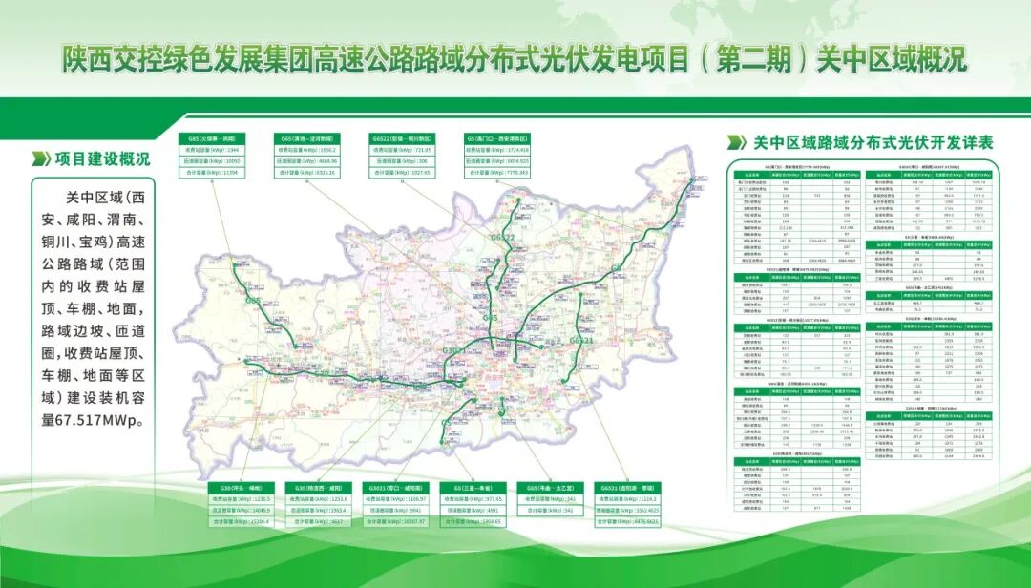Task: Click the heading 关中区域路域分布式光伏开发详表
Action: tap(873, 142)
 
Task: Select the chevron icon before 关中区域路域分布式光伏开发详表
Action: tap(736, 142)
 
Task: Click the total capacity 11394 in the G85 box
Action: tap(223, 173)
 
